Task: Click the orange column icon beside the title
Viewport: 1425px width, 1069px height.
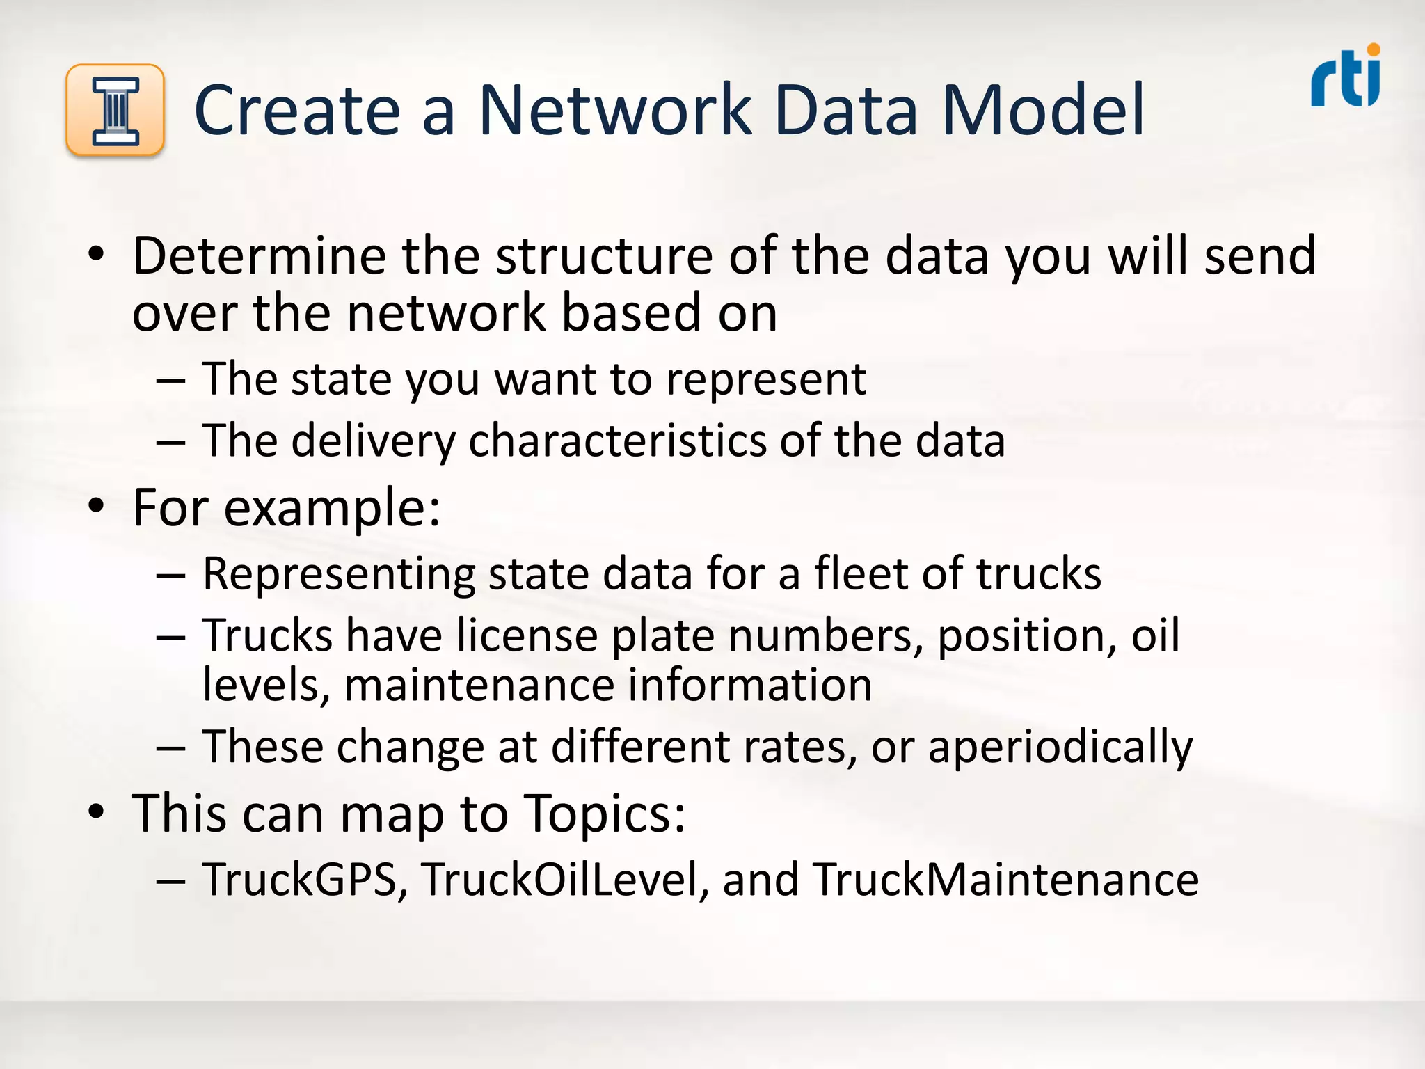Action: point(115,110)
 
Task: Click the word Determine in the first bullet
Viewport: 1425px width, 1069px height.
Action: point(258,256)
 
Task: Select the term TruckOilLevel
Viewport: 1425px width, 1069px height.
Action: point(559,879)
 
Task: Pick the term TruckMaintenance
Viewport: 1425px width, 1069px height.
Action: point(1006,879)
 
